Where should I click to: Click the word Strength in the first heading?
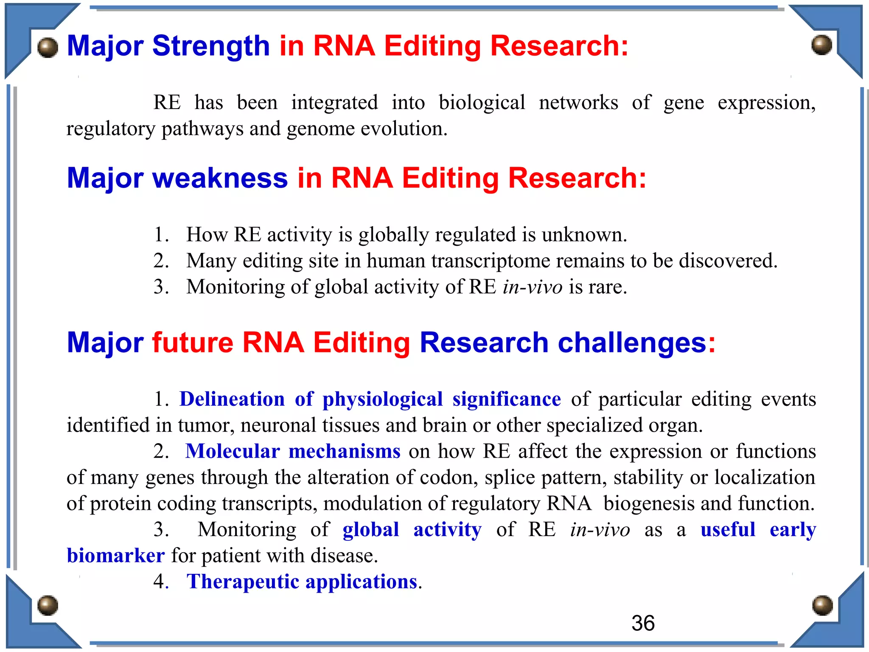pos(211,46)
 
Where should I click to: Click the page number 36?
pos(643,623)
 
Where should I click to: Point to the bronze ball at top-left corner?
pos(48,47)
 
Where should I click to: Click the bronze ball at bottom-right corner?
pos(822,605)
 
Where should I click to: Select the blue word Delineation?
pos(232,399)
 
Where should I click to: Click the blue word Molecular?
pos(233,451)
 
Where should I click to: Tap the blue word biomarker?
pos(115,556)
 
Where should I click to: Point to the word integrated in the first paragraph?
pos(334,103)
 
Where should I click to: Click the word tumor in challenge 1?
pos(205,425)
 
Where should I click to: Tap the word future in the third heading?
pos(193,343)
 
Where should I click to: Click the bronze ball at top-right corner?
pos(821,45)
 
